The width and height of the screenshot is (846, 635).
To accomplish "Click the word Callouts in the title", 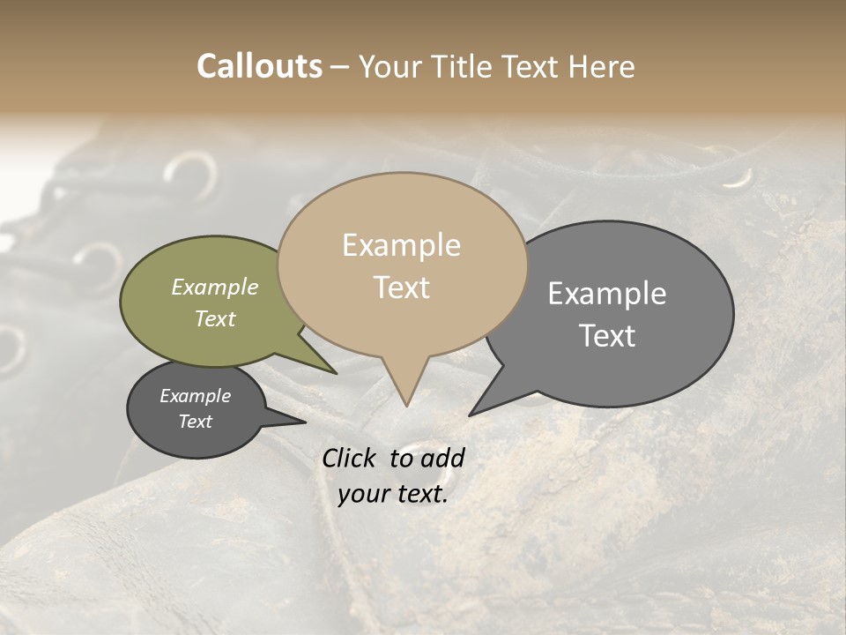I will pyautogui.click(x=259, y=66).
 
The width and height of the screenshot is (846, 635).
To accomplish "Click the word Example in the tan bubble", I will pyautogui.click(x=401, y=245).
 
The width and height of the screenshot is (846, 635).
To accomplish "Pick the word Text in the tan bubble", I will pyautogui.click(x=401, y=288).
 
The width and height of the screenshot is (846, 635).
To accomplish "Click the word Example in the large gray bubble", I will pyautogui.click(x=607, y=294).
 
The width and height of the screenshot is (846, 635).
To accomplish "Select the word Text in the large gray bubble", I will pyautogui.click(x=607, y=336).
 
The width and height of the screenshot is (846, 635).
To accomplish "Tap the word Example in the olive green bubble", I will pyautogui.click(x=215, y=287).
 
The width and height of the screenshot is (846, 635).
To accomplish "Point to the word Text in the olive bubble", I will pyautogui.click(x=215, y=318).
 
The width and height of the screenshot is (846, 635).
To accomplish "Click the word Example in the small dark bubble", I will pyautogui.click(x=195, y=396).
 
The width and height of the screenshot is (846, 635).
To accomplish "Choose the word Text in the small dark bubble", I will pyautogui.click(x=195, y=422).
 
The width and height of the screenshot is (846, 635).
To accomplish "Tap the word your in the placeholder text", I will pyautogui.click(x=363, y=494).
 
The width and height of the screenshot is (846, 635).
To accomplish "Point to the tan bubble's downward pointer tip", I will pyautogui.click(x=406, y=405).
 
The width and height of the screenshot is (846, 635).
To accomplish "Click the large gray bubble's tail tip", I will pyautogui.click(x=471, y=414).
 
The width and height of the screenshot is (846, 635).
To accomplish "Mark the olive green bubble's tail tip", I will pyautogui.click(x=335, y=373).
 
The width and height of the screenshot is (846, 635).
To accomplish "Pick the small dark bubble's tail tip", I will pyautogui.click(x=304, y=422).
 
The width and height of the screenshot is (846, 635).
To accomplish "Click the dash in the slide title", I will pyautogui.click(x=340, y=67).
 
